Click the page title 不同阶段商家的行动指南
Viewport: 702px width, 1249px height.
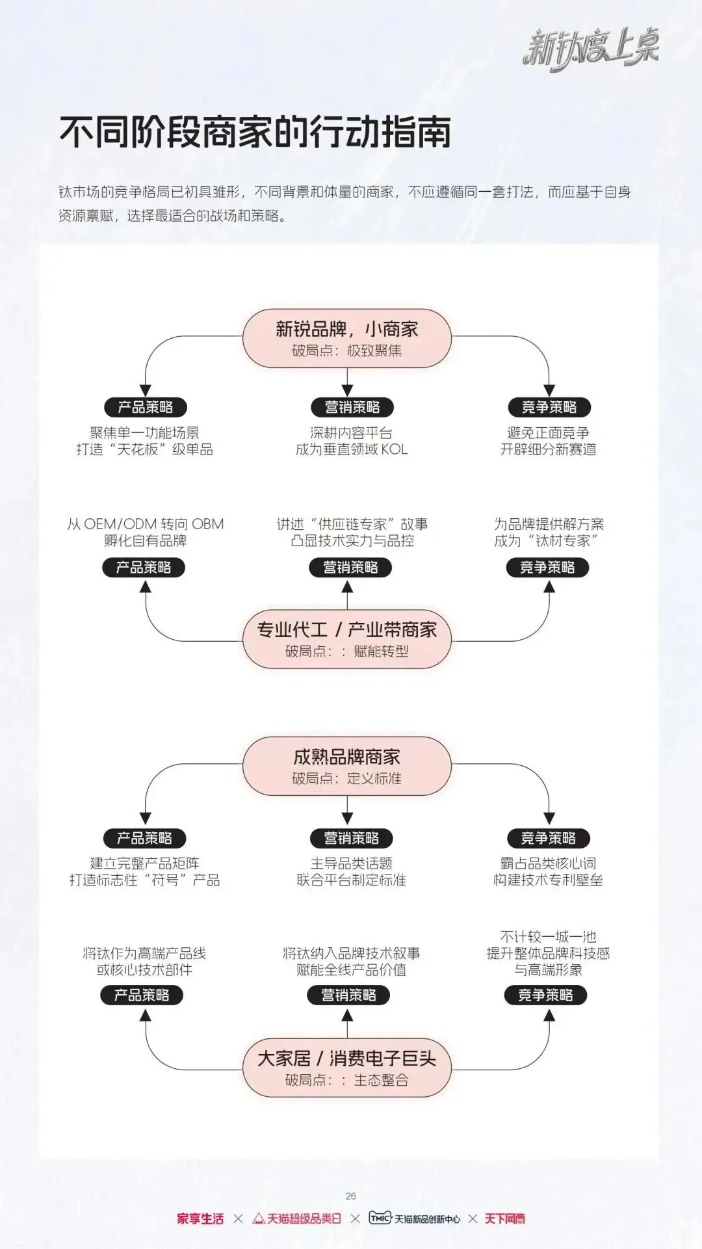(255, 132)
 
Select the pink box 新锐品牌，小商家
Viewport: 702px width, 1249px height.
(346, 338)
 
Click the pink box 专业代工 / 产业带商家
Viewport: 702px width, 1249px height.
(346, 638)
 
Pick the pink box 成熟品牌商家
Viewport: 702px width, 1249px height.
(346, 766)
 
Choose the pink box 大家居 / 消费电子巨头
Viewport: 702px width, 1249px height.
(346, 1068)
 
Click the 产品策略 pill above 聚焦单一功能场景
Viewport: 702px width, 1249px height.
(145, 407)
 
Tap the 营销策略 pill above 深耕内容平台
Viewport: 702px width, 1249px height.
(352, 407)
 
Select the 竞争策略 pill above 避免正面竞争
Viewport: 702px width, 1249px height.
(549, 407)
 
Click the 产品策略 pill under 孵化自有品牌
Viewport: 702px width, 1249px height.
(144, 567)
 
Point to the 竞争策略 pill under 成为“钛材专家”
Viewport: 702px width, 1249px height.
(547, 567)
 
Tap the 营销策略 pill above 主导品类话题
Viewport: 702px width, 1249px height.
(351, 838)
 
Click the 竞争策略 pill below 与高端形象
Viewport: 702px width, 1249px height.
(545, 995)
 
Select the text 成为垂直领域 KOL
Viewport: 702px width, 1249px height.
(352, 449)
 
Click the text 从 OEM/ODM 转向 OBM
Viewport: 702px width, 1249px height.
(145, 524)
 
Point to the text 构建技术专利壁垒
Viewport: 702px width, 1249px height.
(548, 880)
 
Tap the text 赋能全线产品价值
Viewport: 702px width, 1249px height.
(351, 969)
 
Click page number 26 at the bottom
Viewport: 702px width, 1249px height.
(351, 1196)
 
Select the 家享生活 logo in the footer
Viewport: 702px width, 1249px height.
(200, 1218)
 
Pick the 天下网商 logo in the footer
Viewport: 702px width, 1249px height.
(504, 1218)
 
